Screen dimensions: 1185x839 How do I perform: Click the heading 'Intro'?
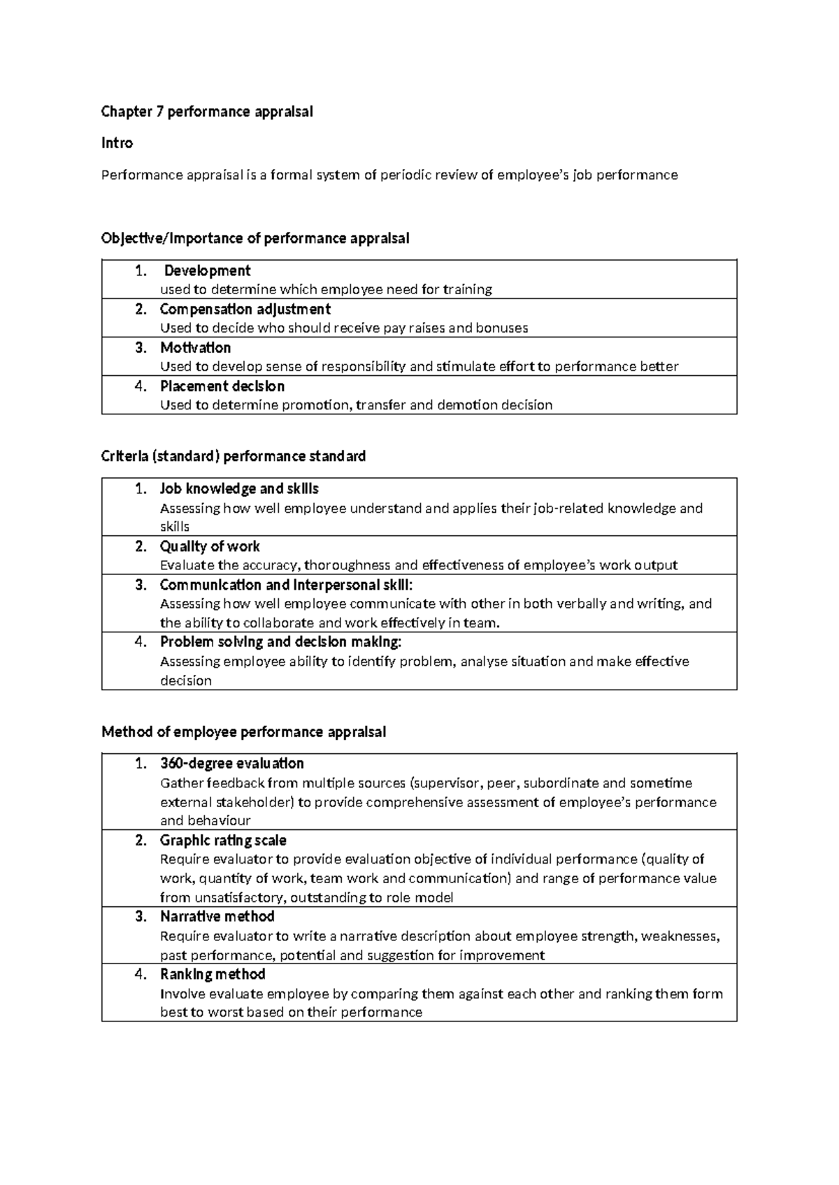click(x=117, y=143)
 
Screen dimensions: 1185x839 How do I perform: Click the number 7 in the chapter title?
click(x=159, y=111)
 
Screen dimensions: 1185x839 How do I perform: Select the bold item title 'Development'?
click(x=207, y=270)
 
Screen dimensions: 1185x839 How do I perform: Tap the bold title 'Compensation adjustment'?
click(x=245, y=309)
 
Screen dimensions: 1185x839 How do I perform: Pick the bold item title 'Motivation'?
click(x=195, y=347)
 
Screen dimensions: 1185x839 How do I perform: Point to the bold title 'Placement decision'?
click(x=222, y=386)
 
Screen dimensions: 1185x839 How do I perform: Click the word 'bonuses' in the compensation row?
click(x=502, y=328)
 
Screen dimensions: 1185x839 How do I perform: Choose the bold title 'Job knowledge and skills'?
click(x=239, y=488)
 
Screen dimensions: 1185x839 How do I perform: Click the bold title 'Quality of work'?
click(x=210, y=546)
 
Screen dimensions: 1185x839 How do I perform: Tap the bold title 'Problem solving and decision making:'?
click(x=280, y=641)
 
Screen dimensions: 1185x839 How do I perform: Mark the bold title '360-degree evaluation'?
click(x=231, y=763)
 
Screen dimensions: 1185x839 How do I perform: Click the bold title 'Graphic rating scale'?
click(x=223, y=840)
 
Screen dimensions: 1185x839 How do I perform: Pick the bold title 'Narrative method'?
click(x=217, y=916)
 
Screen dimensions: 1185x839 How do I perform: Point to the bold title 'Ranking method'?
click(x=213, y=974)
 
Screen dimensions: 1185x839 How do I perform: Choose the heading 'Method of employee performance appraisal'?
click(x=243, y=732)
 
